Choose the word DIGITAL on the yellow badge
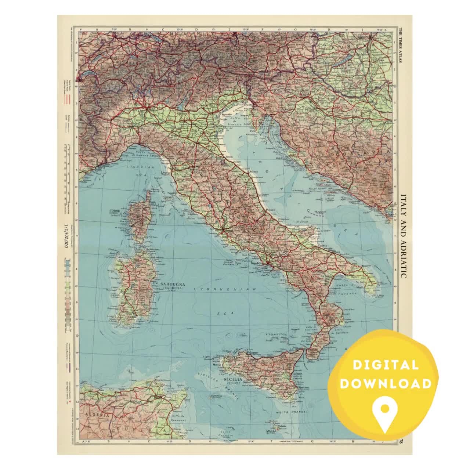click(x=386, y=365)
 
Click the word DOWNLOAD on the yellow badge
click(x=386, y=384)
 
